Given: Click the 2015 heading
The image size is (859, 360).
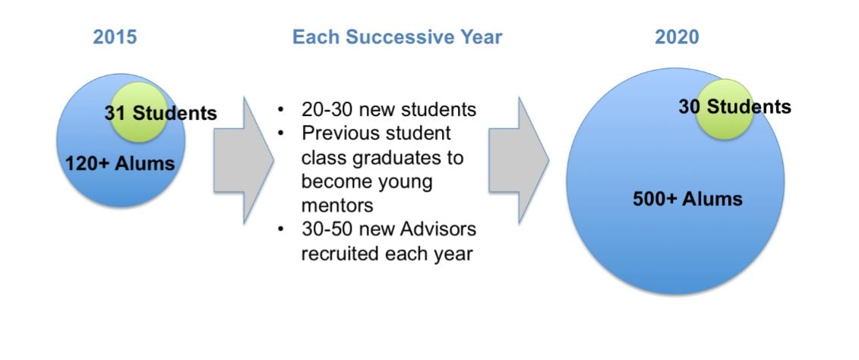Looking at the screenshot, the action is [x=115, y=36].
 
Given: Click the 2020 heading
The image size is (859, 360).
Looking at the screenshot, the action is [x=677, y=36].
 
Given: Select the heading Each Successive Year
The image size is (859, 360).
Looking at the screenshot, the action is [x=397, y=36].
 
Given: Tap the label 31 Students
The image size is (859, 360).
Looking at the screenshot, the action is [x=160, y=113].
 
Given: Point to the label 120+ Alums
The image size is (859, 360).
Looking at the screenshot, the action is [x=120, y=163].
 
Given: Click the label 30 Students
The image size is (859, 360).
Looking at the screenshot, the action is [x=734, y=106].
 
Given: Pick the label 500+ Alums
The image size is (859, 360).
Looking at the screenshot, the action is [x=687, y=198].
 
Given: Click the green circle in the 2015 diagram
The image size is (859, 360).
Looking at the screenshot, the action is [x=139, y=112].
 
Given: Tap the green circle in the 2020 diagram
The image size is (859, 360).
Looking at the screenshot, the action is [x=725, y=109].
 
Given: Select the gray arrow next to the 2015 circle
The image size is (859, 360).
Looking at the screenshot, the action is [x=244, y=160].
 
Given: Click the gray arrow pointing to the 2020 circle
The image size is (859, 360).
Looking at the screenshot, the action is [x=519, y=160].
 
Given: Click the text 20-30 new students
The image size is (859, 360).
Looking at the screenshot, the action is [x=388, y=109].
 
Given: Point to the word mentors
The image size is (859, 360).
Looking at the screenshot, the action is [x=337, y=205].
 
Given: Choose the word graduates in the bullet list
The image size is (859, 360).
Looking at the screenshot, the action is [x=398, y=158].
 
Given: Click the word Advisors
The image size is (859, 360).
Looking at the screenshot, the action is [x=437, y=229].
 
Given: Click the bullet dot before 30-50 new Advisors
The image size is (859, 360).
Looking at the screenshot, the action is [x=281, y=229].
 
